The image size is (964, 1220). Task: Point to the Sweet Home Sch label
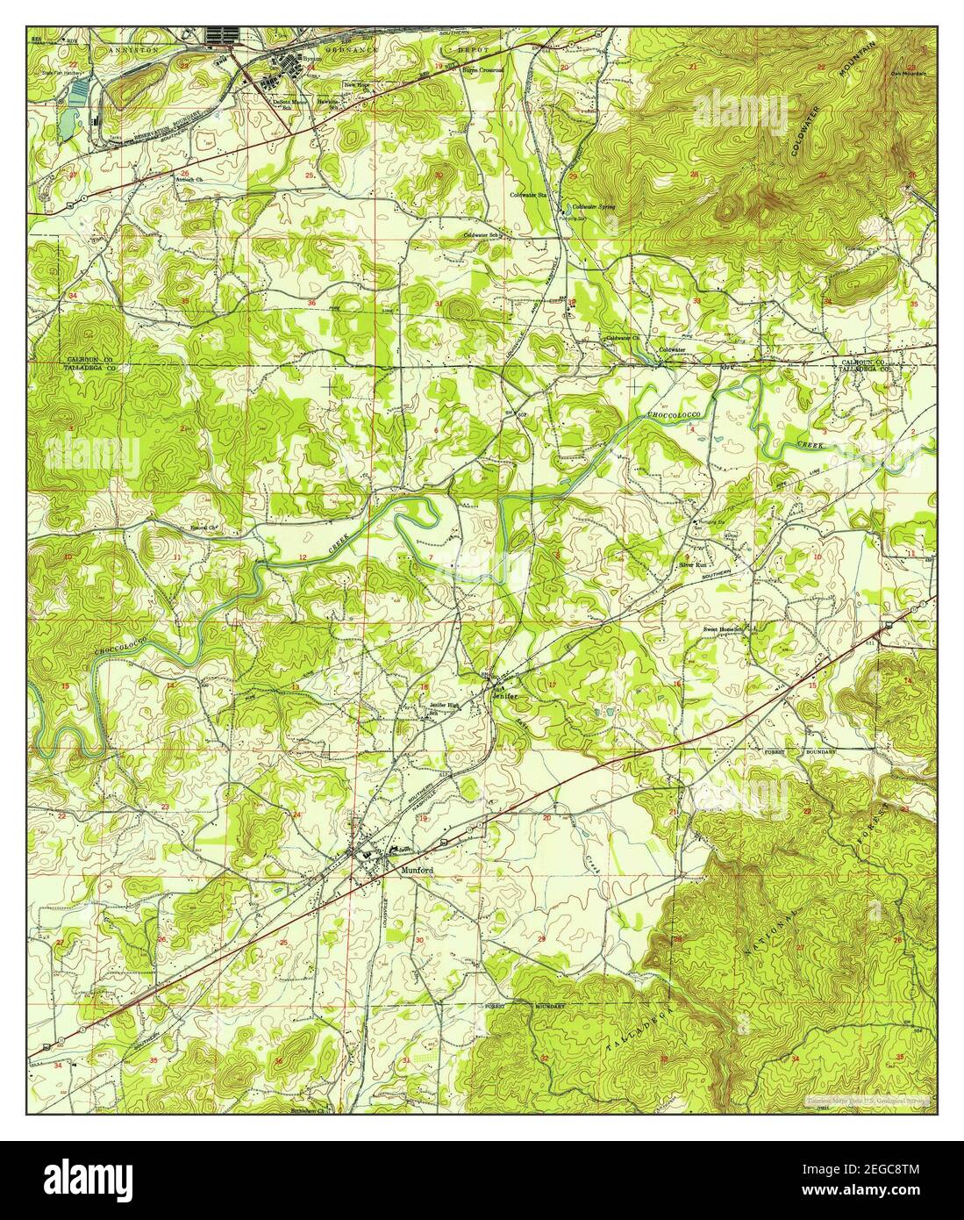coord(724,629)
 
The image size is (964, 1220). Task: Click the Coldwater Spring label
coord(593,207)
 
